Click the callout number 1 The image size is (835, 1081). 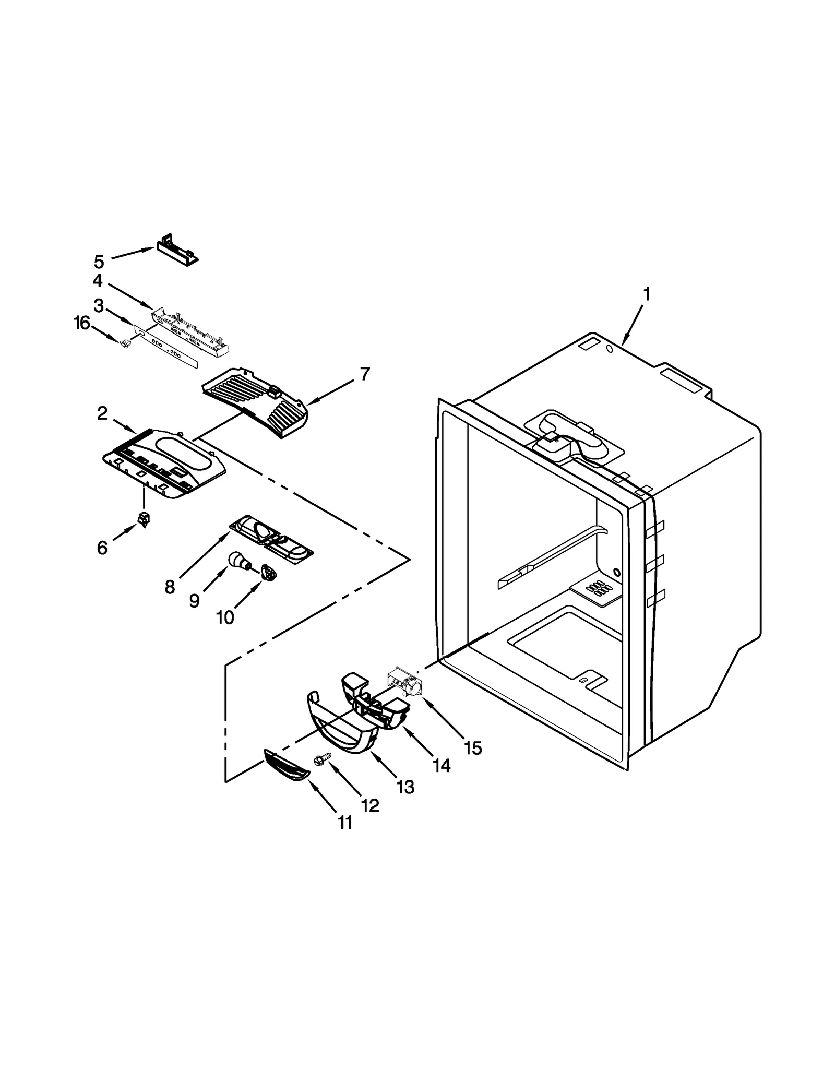[x=646, y=295]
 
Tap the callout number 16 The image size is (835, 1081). [x=81, y=323]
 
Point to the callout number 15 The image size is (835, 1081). [x=473, y=748]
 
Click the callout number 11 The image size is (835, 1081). [x=345, y=823]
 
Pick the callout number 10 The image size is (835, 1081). [x=225, y=617]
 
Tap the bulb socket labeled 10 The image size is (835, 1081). [x=268, y=572]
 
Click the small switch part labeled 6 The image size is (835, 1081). [x=143, y=518]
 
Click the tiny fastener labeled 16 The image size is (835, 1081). [x=125, y=343]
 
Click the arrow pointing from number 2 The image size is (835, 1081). [x=125, y=426]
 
